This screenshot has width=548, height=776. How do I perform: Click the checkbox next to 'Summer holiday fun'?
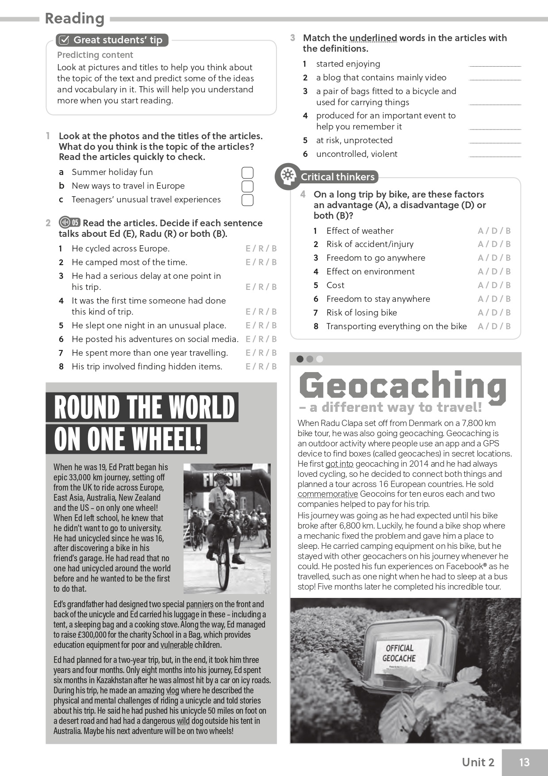[x=247, y=172]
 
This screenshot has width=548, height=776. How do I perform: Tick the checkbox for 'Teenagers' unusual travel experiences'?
[x=247, y=200]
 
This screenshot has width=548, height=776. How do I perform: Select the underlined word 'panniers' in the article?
[x=199, y=604]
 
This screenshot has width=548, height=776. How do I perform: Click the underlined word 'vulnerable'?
[x=176, y=645]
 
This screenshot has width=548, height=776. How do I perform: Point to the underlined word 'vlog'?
[x=172, y=690]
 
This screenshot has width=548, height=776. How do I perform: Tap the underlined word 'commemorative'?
[x=328, y=494]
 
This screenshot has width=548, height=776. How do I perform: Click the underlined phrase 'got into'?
[x=339, y=464]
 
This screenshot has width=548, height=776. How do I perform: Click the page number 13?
[x=524, y=762]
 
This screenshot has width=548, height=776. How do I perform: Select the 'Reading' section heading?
[x=75, y=19]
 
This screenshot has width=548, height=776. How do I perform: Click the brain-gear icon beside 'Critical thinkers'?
[x=287, y=176]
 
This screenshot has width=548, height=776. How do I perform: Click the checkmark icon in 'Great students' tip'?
[x=64, y=40]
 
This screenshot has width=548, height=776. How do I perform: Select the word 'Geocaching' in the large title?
[x=402, y=386]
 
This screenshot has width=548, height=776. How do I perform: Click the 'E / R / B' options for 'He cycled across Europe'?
[x=261, y=249]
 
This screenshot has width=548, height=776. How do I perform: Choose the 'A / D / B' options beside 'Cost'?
[x=494, y=285]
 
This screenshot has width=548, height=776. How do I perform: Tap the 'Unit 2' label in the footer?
[x=478, y=762]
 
